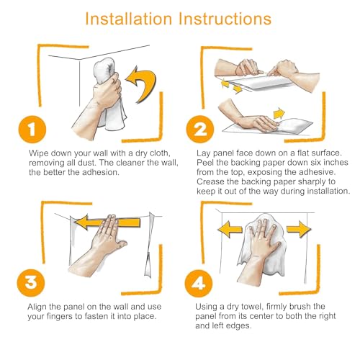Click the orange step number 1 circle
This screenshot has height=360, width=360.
coord(32,130)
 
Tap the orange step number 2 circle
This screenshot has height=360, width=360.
coord(200,130)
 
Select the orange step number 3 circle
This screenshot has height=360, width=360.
coord(31,283)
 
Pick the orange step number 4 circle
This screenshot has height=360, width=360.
coord(199,284)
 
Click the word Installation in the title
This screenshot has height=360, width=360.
coord(129,19)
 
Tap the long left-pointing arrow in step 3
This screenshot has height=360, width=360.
coord(107,222)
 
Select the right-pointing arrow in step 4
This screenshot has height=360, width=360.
coord(299,229)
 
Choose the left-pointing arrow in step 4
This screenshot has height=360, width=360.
coord(230,229)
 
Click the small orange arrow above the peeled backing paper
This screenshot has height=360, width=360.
coord(279,113)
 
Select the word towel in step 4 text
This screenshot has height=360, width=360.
coord(252,307)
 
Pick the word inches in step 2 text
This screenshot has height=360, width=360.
coord(336,163)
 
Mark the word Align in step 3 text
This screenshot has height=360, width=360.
coord(37,307)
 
